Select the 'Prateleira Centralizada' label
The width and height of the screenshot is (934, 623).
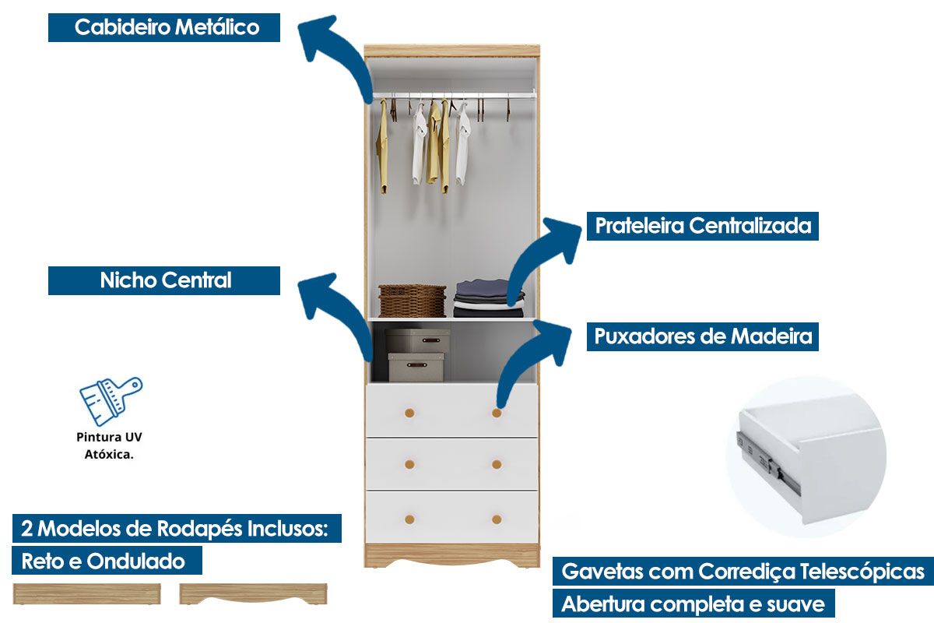click(703, 226)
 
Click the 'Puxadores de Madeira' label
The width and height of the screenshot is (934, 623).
click(703, 336)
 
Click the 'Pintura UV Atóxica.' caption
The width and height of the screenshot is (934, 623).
click(109, 445)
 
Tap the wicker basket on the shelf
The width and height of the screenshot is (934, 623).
click(412, 301)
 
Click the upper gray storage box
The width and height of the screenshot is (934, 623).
click(417, 341)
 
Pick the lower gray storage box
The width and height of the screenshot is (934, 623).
click(416, 367)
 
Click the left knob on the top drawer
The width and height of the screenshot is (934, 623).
click(409, 413)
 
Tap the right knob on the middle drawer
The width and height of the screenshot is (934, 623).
click(497, 464)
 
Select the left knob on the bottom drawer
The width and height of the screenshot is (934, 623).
click(409, 519)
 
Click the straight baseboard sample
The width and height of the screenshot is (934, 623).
click(86, 593)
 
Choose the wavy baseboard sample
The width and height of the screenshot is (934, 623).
click(253, 593)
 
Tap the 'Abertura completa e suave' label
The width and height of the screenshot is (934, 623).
click(693, 604)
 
